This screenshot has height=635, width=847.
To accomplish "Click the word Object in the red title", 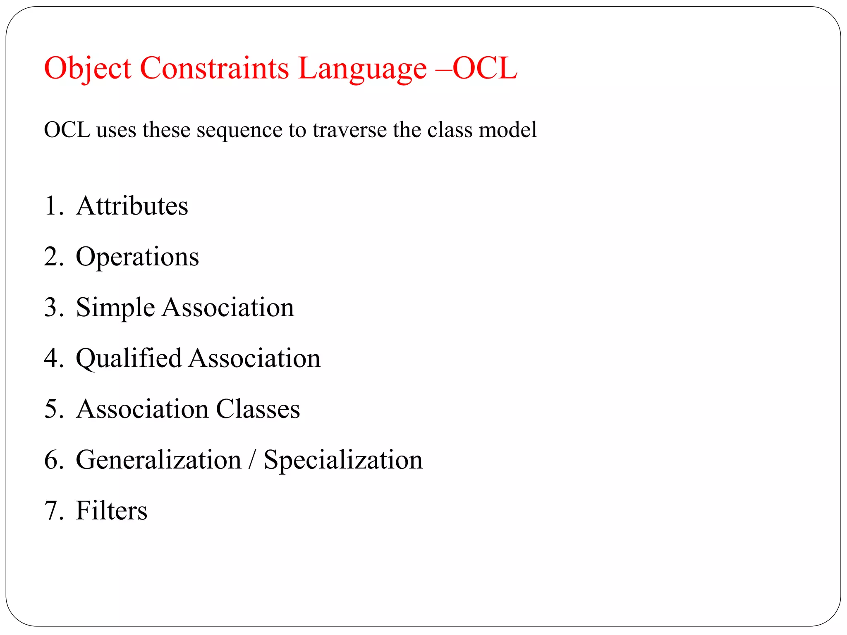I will (88, 68).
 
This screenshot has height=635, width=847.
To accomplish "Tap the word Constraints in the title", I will (214, 68).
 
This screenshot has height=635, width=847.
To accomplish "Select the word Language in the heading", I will (362, 68).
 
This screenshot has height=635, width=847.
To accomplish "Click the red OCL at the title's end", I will (485, 68).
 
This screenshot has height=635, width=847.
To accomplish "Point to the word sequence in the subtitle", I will (239, 130).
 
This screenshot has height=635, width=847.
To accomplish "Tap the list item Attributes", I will (132, 206).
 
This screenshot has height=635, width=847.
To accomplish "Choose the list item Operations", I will (137, 257).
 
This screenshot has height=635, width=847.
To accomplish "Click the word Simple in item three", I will (115, 308).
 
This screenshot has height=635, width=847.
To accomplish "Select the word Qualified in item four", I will (129, 358).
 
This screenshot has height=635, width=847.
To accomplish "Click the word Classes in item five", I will (258, 409).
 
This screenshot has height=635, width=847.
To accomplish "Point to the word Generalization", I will (159, 460).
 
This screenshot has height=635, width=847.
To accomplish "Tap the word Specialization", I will (343, 460).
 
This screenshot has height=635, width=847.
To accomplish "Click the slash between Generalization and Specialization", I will (252, 460).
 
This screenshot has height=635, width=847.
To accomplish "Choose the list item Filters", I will (112, 511).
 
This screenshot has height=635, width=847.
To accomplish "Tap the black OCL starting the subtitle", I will (67, 130).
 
